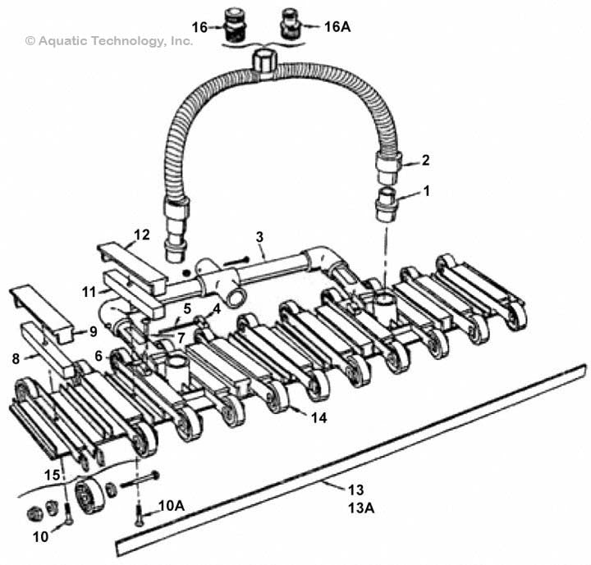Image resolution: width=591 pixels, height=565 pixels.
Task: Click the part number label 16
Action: click(199, 26)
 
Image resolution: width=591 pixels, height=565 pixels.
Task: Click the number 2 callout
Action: click(425, 161)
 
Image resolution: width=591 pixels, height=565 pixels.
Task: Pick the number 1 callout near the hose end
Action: click(425, 190)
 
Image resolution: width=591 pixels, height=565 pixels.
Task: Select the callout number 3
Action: click(259, 237)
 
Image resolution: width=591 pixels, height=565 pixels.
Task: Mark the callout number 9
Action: click(93, 331)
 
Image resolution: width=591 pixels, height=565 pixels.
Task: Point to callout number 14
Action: click(318, 417)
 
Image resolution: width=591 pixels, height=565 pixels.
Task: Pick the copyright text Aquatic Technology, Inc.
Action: click(109, 40)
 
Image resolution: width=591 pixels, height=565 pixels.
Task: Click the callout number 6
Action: click(98, 357)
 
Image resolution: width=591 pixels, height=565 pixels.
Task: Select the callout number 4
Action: click(217, 310)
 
